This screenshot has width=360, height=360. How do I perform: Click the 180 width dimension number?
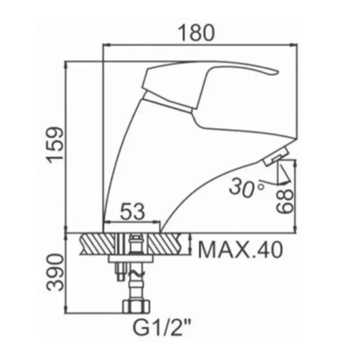[x=196, y=33]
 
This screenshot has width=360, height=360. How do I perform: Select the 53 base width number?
[x=133, y=211]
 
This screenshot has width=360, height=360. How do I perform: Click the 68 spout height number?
[x=285, y=201]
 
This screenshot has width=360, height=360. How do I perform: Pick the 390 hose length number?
[x=54, y=272]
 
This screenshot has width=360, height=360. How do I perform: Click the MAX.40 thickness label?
[x=240, y=250]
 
